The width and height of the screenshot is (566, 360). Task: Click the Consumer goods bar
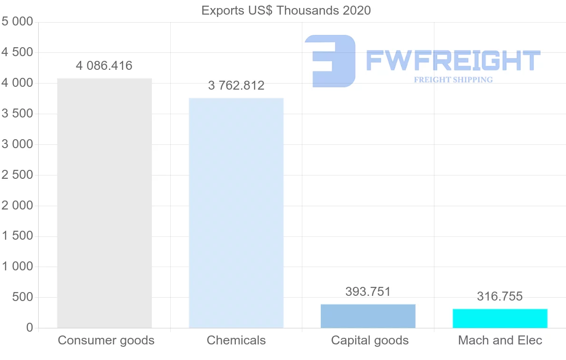tap(104, 203)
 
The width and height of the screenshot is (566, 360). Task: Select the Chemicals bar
tap(236, 213)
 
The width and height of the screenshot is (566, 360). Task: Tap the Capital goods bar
tap(368, 316)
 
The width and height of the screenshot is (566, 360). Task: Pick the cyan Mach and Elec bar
tap(500, 318)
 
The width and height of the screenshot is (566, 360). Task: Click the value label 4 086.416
tap(104, 66)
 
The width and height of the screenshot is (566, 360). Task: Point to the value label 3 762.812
tap(236, 85)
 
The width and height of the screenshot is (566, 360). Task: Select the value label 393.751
tap(368, 292)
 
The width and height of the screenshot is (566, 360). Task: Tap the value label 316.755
tap(500, 296)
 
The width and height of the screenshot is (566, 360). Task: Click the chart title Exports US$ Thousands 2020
tap(286, 10)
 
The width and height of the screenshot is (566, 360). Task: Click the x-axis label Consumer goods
tap(106, 340)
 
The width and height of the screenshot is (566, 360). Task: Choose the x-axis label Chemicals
tap(236, 340)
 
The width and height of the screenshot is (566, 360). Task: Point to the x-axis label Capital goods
tap(370, 340)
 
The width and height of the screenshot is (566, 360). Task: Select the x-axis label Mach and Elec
tap(500, 340)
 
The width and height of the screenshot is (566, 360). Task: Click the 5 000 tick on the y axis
tap(17, 22)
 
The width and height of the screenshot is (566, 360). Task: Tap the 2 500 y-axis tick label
tap(17, 175)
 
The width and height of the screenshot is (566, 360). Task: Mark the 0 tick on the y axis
tap(30, 328)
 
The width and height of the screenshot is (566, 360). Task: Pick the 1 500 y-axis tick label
tap(17, 236)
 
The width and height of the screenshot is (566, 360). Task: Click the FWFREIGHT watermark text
tap(453, 60)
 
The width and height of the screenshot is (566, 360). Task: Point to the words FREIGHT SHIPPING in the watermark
tap(453, 80)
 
